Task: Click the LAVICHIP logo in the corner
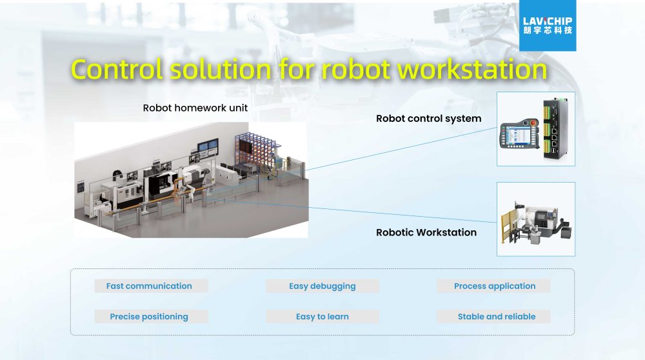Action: [548, 26]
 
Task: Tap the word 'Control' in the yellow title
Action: [117, 69]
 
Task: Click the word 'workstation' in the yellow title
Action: [472, 69]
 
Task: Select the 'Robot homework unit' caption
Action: [195, 108]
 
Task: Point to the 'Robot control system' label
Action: [429, 119]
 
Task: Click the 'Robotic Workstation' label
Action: [426, 232]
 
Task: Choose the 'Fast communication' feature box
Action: [151, 286]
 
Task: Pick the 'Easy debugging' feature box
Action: [322, 286]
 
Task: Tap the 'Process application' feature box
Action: [493, 286]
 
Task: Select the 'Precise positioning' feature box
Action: [151, 316]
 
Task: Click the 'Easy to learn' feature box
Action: [322, 316]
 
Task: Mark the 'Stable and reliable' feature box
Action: [493, 316]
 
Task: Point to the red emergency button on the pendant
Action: [533, 123]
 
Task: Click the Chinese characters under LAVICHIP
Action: [548, 30]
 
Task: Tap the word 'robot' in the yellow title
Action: [355, 69]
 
